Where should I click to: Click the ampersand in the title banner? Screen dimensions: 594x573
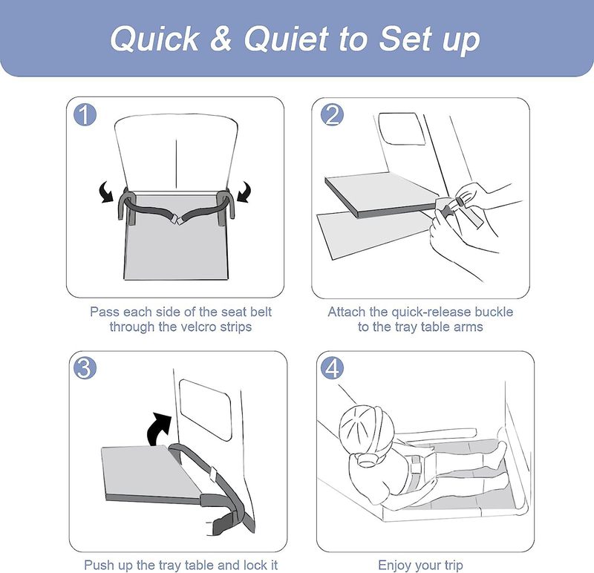point(221,39)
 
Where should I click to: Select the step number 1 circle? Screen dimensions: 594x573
point(85,114)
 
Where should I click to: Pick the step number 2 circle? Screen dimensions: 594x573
point(332,115)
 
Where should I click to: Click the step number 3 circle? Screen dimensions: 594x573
point(85,367)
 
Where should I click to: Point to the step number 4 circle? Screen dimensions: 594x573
point(332,367)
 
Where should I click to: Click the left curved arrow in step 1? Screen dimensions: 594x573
point(107,191)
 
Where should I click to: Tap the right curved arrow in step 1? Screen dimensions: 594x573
point(244,191)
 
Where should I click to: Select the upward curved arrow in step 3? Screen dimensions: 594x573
point(158,429)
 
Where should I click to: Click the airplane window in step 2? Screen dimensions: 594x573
point(401,128)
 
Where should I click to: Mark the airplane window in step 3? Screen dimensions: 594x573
point(205,410)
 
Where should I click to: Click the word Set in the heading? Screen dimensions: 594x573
point(405,39)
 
